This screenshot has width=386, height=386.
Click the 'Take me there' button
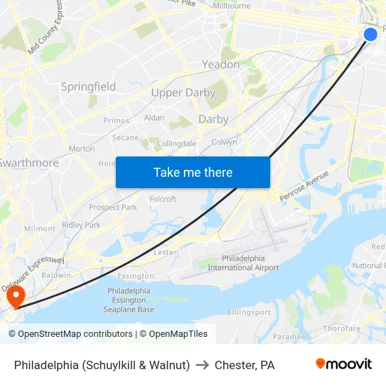(x=193, y=173)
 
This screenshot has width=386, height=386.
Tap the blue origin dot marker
(x=371, y=34)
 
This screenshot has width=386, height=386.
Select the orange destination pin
(x=15, y=295)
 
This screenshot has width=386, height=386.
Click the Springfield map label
(x=88, y=86)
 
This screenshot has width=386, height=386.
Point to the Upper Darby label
(x=183, y=93)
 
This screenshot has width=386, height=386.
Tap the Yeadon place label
(x=220, y=65)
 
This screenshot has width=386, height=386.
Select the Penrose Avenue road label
(x=313, y=186)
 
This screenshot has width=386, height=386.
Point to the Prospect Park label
(x=113, y=208)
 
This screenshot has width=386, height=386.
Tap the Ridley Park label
(x=81, y=225)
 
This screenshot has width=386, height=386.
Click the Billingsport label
(x=248, y=312)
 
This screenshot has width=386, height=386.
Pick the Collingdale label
(x=176, y=144)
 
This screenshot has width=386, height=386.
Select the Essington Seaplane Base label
(x=128, y=300)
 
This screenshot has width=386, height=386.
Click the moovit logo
(x=343, y=364)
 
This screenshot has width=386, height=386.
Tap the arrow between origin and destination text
(x=202, y=365)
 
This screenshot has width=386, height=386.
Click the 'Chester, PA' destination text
(x=244, y=365)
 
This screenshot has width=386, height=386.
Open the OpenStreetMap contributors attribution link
(x=75, y=334)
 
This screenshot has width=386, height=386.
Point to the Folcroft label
(x=163, y=199)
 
